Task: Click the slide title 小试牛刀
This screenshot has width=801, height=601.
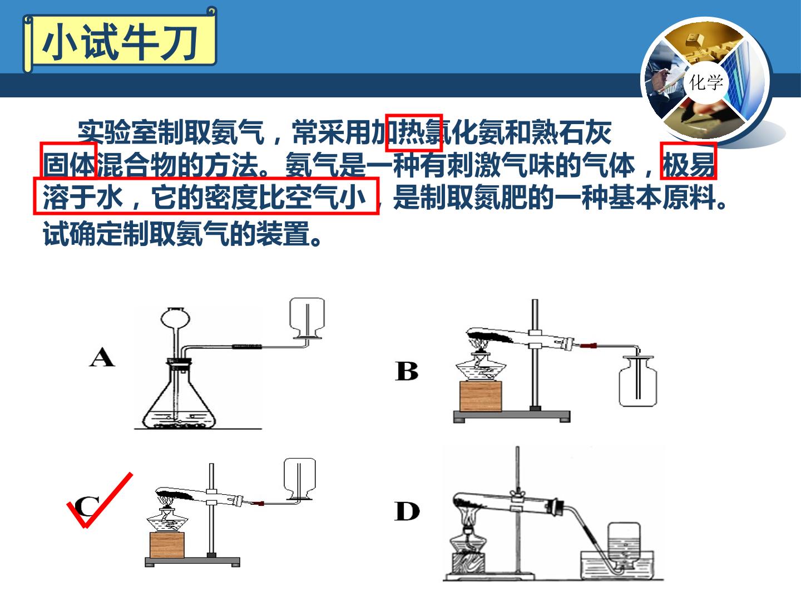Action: click(x=120, y=43)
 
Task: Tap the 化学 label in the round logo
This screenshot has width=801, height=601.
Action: click(x=706, y=82)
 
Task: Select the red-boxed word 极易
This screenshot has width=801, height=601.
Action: click(x=688, y=165)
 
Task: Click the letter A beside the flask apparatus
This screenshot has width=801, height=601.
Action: click(x=102, y=357)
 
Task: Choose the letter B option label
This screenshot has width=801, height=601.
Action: click(x=407, y=371)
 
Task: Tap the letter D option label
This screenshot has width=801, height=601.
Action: click(x=407, y=511)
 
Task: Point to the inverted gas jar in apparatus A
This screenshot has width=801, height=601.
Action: click(x=307, y=318)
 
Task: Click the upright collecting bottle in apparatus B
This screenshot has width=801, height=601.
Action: click(x=638, y=382)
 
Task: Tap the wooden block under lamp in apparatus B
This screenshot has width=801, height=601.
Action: click(x=481, y=396)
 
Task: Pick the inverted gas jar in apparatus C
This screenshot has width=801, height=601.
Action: click(x=300, y=479)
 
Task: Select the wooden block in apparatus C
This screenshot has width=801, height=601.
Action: click(x=167, y=545)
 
